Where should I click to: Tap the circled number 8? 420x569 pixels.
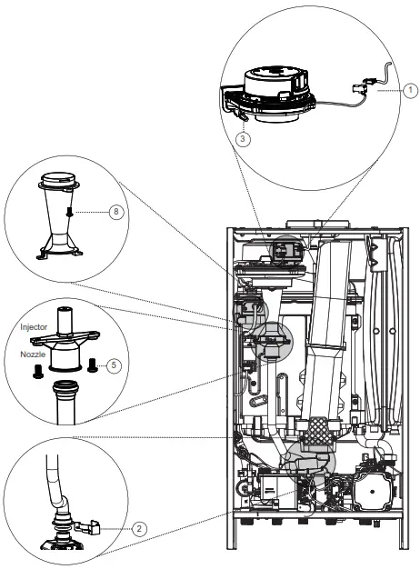point(115,212)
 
